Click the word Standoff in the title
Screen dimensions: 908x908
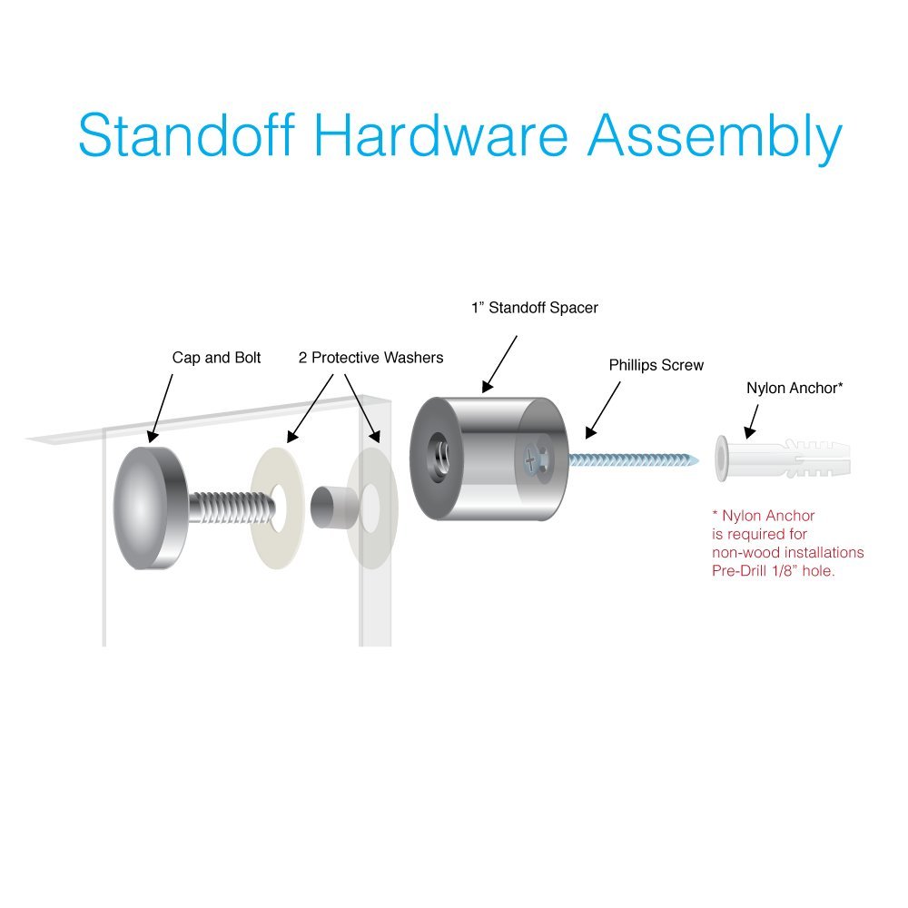point(186,136)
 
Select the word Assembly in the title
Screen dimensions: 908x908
point(715,138)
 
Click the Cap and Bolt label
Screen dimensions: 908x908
point(216,358)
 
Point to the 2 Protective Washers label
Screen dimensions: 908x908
point(370,358)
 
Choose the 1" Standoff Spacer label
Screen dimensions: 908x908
point(534,308)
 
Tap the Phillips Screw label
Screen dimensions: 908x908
point(656,365)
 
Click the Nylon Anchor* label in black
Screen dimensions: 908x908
point(794,388)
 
